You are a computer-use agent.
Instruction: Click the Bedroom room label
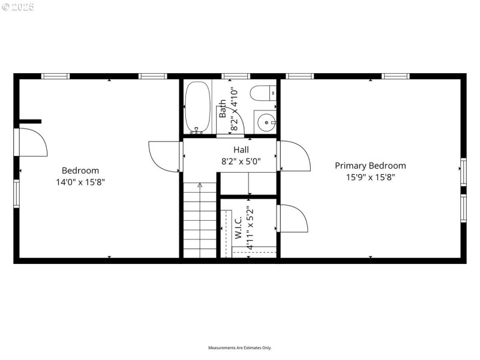(80, 170)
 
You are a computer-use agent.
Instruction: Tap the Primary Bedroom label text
(370, 166)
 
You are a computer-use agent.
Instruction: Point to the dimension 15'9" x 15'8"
(370, 177)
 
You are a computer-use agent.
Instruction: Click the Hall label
(241, 150)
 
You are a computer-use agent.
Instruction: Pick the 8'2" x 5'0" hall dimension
(241, 161)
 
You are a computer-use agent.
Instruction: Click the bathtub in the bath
(197, 107)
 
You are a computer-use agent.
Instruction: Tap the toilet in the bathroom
(262, 94)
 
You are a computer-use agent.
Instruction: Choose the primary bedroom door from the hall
(295, 156)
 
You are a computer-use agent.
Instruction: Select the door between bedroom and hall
(164, 157)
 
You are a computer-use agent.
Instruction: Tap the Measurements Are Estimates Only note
(240, 348)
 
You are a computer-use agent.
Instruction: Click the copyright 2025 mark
(18, 7)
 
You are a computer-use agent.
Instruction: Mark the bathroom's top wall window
(235, 76)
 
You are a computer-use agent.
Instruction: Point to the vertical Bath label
(223, 108)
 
